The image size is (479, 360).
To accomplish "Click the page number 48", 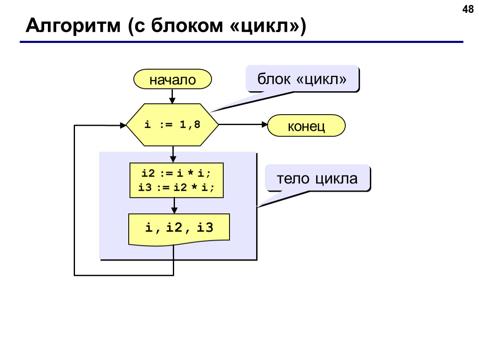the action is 468,10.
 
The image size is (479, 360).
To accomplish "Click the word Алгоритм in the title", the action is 73,26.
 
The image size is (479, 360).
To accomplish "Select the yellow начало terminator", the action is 172,79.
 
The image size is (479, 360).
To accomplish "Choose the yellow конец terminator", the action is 306,125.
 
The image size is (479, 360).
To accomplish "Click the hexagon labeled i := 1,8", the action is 172,125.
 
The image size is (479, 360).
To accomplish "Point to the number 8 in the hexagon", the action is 197,125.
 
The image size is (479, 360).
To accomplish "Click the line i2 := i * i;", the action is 176,173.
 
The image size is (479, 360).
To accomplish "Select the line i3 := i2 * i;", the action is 176,187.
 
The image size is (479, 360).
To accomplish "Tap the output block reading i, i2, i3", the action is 179,229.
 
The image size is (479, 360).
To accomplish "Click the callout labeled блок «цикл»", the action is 302,78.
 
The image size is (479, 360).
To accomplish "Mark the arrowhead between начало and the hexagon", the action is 172,101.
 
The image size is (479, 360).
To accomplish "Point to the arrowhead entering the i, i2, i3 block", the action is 174,210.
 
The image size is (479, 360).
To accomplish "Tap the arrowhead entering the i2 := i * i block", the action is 173,160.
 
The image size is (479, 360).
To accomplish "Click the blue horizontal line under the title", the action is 241,42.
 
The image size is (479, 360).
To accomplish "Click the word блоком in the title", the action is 187,26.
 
